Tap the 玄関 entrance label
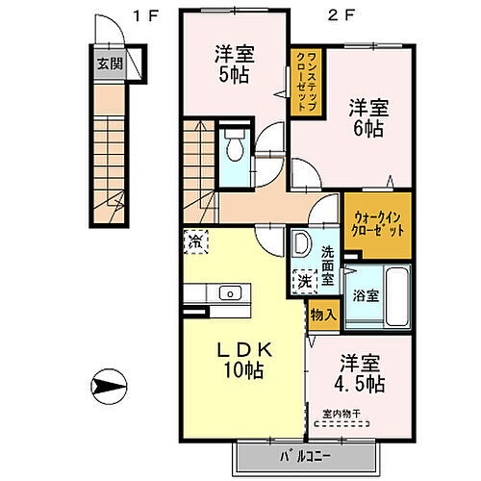coord(109,65)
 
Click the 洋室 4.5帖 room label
coord(361,375)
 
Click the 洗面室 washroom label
coord(328,266)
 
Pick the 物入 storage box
coord(322,315)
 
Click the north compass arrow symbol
coord(112,390)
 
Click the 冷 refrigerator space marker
coord(194,241)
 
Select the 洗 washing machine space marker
coord(303,283)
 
